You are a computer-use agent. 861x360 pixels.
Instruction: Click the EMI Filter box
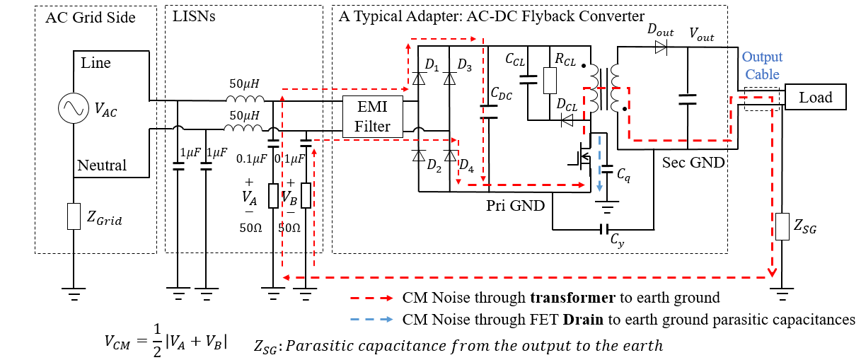coord(372,117)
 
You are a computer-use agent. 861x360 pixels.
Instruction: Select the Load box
coord(815,97)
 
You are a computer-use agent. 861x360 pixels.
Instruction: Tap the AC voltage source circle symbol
coord(74,108)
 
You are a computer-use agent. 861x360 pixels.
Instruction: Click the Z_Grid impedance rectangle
coord(74,216)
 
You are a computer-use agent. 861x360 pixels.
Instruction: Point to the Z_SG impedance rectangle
coord(782,227)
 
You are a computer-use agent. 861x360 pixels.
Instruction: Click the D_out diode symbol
coord(661,47)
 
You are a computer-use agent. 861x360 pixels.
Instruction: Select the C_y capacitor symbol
coord(604,230)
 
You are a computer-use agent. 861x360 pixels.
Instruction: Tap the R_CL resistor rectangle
coord(550,81)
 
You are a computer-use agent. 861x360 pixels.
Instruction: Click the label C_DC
coord(502,93)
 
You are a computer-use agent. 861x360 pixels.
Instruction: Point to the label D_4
coord(467,166)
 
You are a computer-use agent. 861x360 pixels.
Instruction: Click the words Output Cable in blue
coord(762,66)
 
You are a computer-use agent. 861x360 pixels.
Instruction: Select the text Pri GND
coord(516,206)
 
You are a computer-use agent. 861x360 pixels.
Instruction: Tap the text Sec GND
coord(693,163)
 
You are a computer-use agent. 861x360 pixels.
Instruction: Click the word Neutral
coord(102,166)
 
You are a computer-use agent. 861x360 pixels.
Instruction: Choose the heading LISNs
coord(194,16)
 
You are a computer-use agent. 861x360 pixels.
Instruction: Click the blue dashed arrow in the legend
coord(371,319)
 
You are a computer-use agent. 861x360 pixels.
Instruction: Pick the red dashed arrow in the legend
coord(371,298)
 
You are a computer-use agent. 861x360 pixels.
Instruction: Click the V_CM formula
coord(166,340)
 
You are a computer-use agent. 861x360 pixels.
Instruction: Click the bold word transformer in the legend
coord(573,298)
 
